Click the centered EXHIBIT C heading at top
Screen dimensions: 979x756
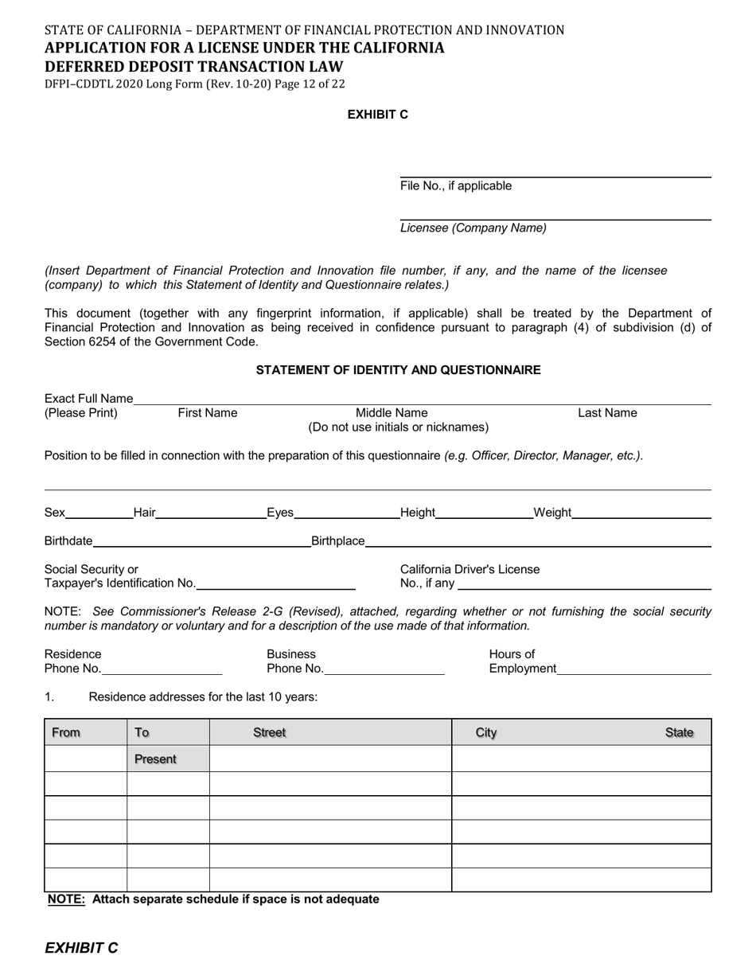(377, 115)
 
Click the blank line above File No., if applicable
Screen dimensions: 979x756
(555, 171)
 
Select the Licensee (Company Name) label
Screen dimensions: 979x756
(473, 228)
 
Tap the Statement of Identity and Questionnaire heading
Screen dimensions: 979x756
(398, 370)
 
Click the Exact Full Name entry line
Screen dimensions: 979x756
(422, 399)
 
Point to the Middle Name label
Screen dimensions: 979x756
(391, 413)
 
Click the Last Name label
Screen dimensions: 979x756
(607, 413)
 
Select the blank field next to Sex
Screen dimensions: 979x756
(99, 513)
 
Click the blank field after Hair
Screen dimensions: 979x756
(211, 513)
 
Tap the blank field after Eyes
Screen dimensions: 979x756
(347, 513)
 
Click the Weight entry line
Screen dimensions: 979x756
(641, 513)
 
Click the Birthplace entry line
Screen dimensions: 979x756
(538, 542)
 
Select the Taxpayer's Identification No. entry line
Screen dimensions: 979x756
(275, 584)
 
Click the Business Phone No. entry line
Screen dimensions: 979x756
(384, 669)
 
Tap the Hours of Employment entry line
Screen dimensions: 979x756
(634, 669)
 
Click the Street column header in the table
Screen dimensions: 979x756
(269, 732)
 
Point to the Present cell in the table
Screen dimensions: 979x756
(155, 759)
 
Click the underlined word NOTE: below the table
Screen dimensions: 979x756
(66, 899)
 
